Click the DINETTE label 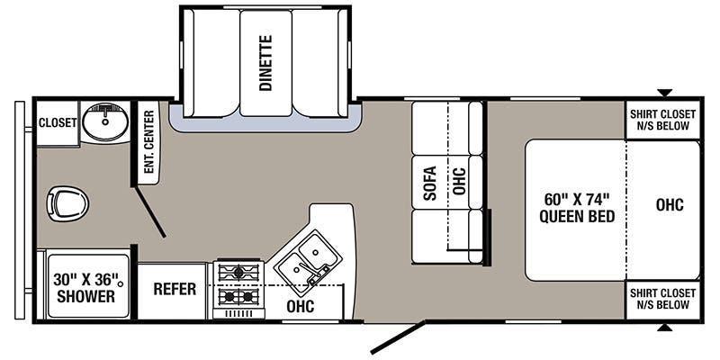pos(265,63)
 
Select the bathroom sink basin pos(105,121)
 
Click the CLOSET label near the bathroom pos(58,123)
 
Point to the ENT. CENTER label pos(148,141)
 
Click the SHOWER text pos(85,296)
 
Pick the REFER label pos(175,289)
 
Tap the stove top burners pos(238,285)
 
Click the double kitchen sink pos(307,258)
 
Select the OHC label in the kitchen pos(301,306)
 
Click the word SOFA pos(430,183)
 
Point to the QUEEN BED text pos(577,216)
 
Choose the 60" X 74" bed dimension pos(577,200)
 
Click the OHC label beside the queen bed pos(670,205)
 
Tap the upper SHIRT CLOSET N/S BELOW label pos(662,120)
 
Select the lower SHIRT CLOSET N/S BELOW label pos(662,299)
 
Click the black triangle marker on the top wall pos(664,93)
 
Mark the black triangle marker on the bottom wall pos(664,328)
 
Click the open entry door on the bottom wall pos(398,337)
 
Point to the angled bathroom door pos(149,211)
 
